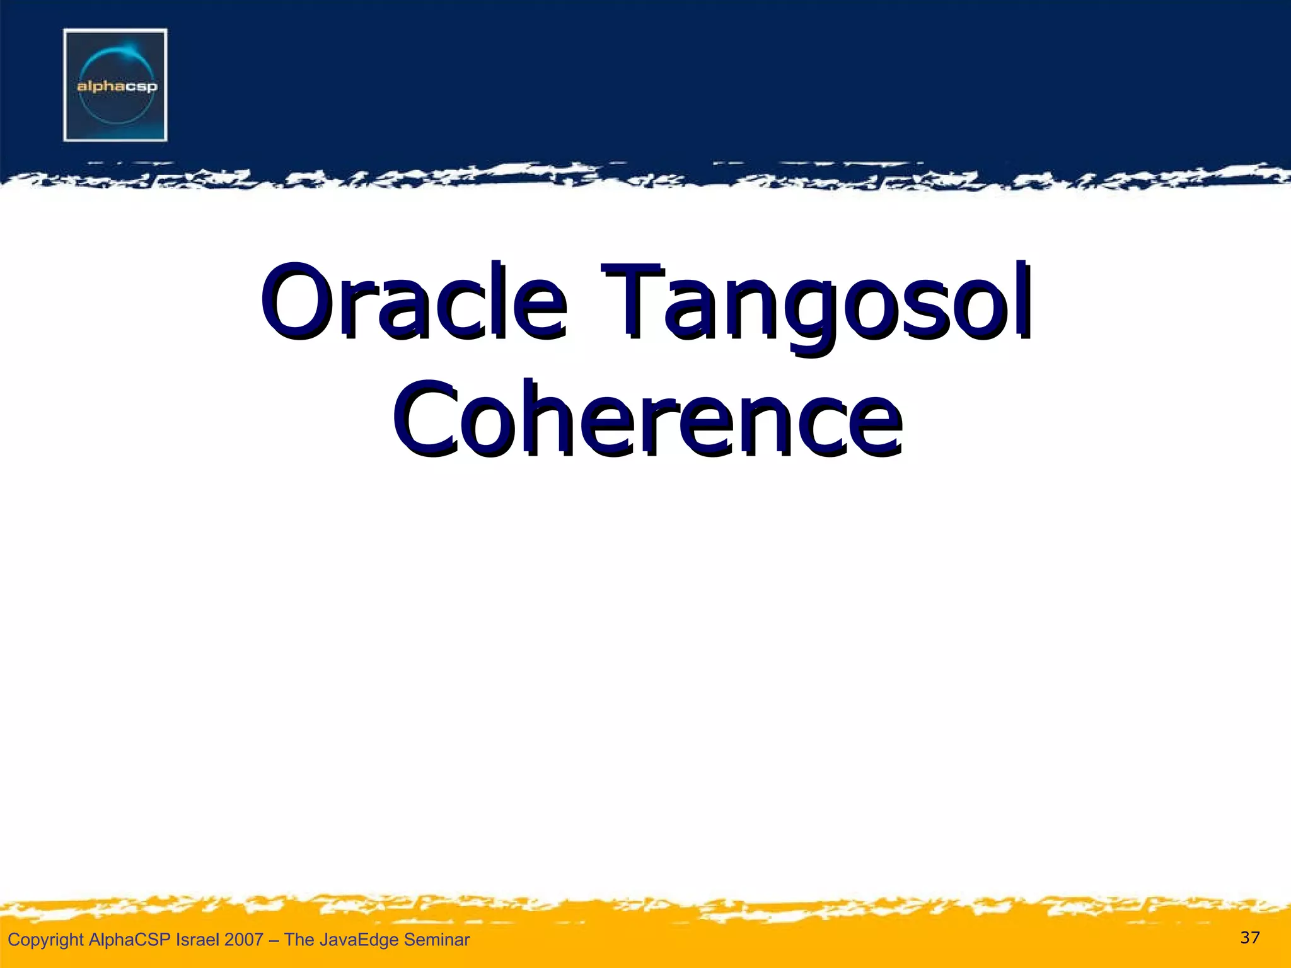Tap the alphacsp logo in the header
pyautogui.click(x=115, y=84)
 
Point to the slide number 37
pyautogui.click(x=1249, y=938)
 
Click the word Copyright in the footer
pyautogui.click(x=45, y=940)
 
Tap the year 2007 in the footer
pyautogui.click(x=243, y=940)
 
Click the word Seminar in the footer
pyautogui.click(x=437, y=940)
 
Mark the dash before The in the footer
pyautogui.click(x=274, y=940)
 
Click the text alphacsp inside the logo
pyautogui.click(x=117, y=86)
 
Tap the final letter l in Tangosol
pyautogui.click(x=1022, y=299)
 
